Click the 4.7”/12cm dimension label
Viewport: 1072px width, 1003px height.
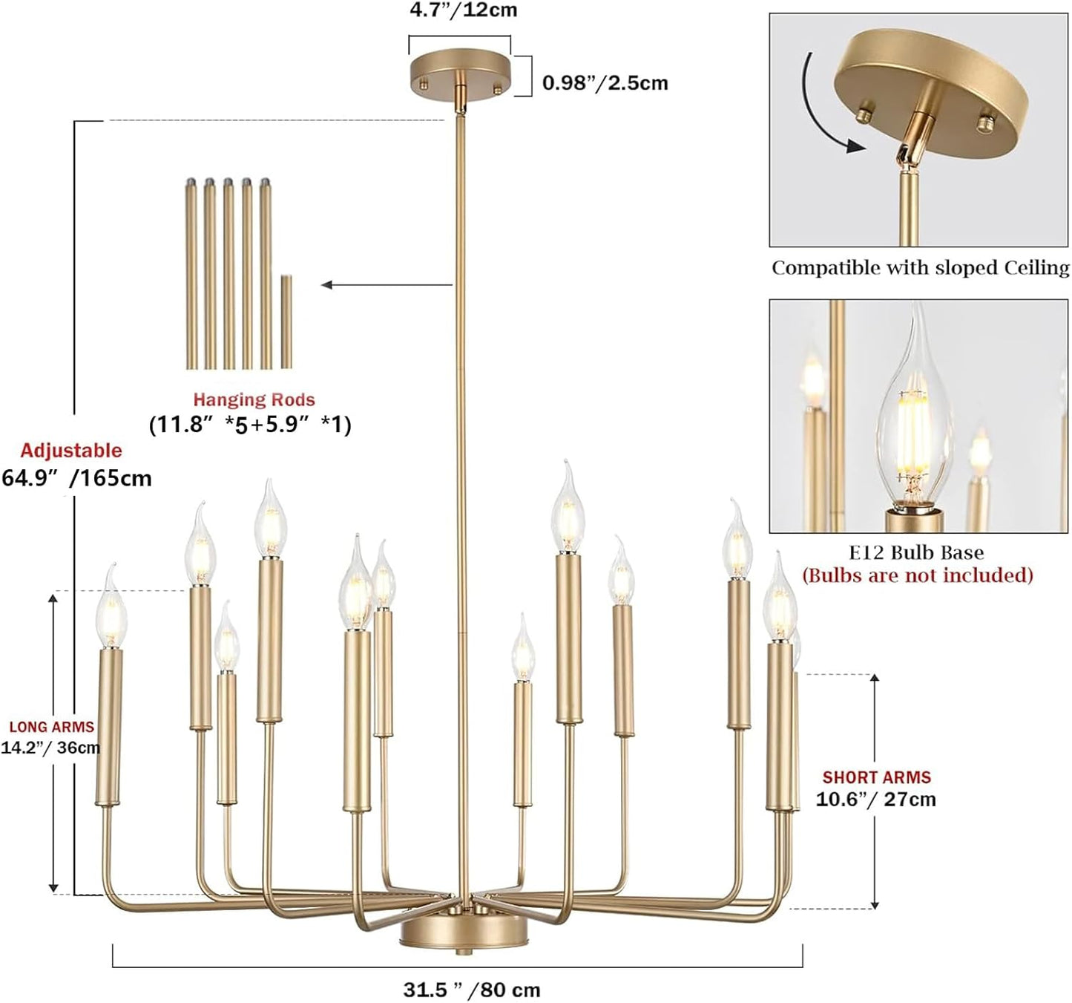(x=463, y=10)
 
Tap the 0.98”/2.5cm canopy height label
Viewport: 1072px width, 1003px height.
(x=605, y=82)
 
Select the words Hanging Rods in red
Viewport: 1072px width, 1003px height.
(x=254, y=399)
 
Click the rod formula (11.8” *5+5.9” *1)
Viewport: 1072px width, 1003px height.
(x=250, y=424)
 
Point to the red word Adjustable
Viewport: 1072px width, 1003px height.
(x=70, y=451)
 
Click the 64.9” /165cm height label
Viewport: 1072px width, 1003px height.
(x=76, y=477)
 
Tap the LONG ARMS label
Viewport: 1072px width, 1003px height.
(x=51, y=727)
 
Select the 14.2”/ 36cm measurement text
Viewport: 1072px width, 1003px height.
(x=50, y=748)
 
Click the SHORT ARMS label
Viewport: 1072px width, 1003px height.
(x=876, y=777)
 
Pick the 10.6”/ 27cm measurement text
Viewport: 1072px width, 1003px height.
(x=875, y=800)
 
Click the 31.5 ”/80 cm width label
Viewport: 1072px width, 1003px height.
(x=472, y=990)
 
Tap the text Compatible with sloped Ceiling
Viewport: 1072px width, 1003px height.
(x=920, y=267)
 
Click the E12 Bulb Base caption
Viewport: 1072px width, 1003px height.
(x=916, y=552)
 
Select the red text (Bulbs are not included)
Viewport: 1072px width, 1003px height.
(x=917, y=575)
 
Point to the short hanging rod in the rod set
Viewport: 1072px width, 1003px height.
(x=286, y=321)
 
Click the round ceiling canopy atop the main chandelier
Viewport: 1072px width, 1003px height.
(x=460, y=74)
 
